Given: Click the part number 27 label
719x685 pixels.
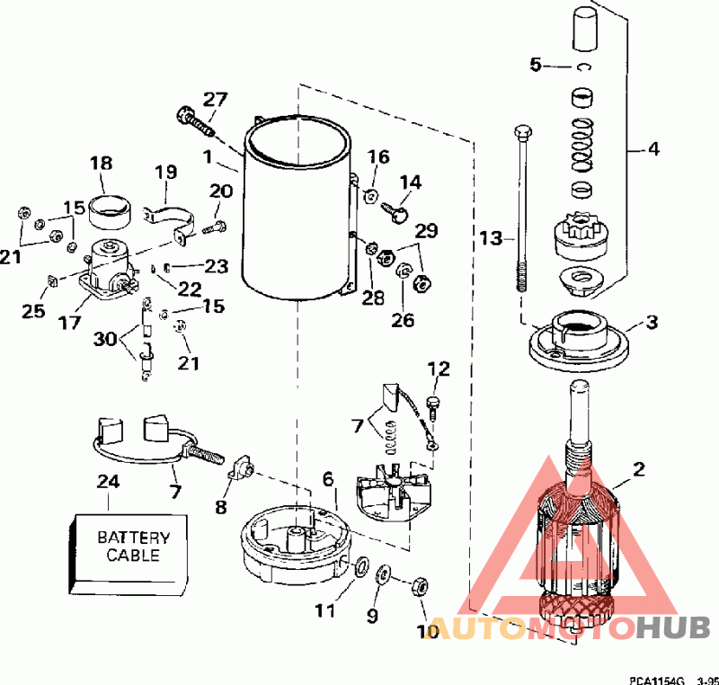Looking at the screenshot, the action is pyautogui.click(x=215, y=100).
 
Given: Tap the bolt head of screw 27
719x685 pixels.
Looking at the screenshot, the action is pyautogui.click(x=184, y=113).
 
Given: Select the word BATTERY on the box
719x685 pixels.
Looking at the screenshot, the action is pyautogui.click(x=133, y=538).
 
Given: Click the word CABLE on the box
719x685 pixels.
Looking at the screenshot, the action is pyautogui.click(x=133, y=556).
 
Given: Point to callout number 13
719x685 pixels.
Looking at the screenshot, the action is pyautogui.click(x=491, y=238).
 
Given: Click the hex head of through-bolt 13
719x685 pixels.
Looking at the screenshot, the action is pyautogui.click(x=523, y=131).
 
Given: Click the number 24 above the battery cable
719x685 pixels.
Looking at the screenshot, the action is pyautogui.click(x=108, y=482).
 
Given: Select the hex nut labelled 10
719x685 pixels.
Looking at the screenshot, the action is pyautogui.click(x=420, y=586).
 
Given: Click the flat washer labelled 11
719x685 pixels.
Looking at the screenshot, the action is pyautogui.click(x=361, y=565).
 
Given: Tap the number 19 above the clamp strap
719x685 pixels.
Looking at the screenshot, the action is pyautogui.click(x=165, y=173).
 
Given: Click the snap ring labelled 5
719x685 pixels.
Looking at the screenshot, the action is pyautogui.click(x=583, y=67).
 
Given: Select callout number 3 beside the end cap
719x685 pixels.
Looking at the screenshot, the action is pyautogui.click(x=652, y=322).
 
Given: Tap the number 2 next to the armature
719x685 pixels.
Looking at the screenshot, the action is pyautogui.click(x=639, y=468).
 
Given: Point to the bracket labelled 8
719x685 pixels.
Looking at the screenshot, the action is pyautogui.click(x=242, y=468).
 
